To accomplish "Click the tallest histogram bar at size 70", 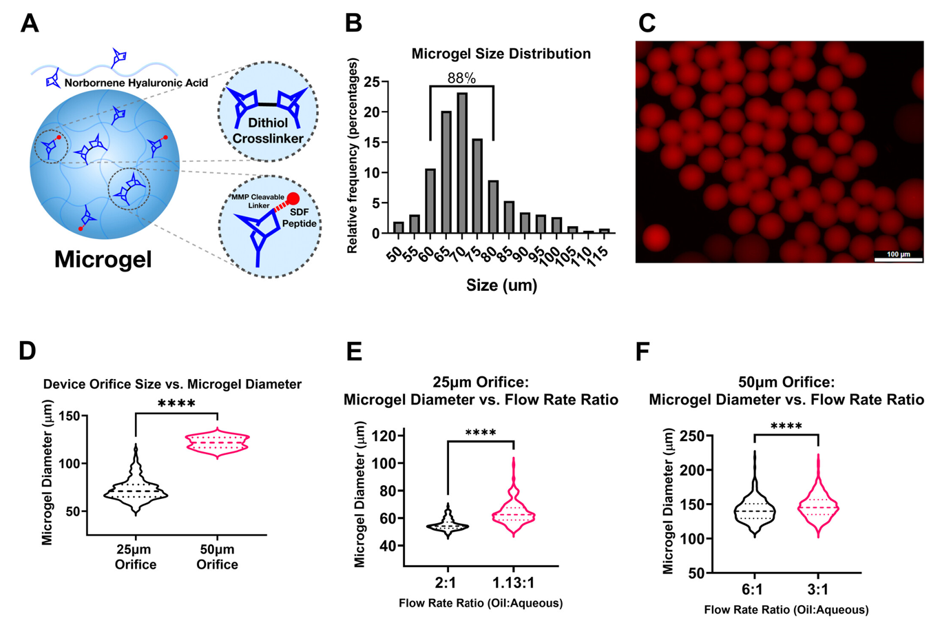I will coord(461,163).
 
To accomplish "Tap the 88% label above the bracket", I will coord(461,79).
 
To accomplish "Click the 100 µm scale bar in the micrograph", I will coord(898,259).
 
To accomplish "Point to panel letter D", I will coord(27,351).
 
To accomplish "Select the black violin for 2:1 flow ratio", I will coord(448,525).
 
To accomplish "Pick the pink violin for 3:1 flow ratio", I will coord(818,509).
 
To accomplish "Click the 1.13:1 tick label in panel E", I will coord(512,583).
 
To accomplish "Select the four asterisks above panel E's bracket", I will coord(481,433).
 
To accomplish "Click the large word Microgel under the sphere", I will coord(103,259).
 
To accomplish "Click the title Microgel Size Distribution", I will coord(501,54).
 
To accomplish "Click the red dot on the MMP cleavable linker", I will coord(293,199).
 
